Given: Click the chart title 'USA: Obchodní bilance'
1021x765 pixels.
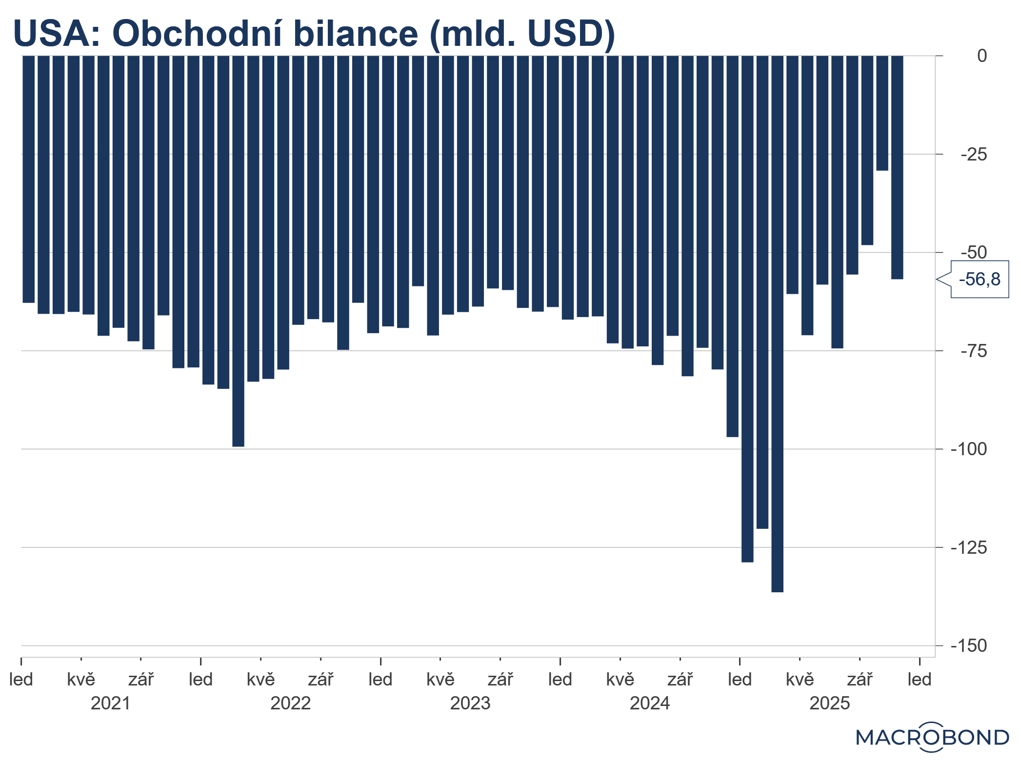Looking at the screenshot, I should pyautogui.click(x=314, y=34).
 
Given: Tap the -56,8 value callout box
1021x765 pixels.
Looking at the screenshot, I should pyautogui.click(x=979, y=280).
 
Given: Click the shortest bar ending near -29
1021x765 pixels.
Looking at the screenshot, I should pyautogui.click(x=882, y=113).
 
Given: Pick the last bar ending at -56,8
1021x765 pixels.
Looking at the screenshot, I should pyautogui.click(x=897, y=167).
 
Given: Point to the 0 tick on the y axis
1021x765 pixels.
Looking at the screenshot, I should pyautogui.click(x=981, y=56).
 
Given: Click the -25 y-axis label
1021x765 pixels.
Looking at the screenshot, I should pyautogui.click(x=974, y=155).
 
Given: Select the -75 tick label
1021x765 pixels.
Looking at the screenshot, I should pyautogui.click(x=974, y=351).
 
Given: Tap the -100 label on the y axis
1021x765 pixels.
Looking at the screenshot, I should pyautogui.click(x=969, y=449).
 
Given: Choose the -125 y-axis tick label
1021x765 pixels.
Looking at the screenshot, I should pyautogui.click(x=969, y=548).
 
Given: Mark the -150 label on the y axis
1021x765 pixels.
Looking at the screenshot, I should pyautogui.click(x=969, y=646).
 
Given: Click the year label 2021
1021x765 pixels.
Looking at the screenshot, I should pyautogui.click(x=111, y=704).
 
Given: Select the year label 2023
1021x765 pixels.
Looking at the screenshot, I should pyautogui.click(x=470, y=704).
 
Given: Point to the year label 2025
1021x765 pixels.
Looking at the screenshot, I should pyautogui.click(x=829, y=704).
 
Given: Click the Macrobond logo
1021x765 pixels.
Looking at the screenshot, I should pyautogui.click(x=932, y=737).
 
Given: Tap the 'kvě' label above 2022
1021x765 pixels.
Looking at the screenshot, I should pyautogui.click(x=260, y=680).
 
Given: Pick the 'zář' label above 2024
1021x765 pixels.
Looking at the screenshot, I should pyautogui.click(x=680, y=680).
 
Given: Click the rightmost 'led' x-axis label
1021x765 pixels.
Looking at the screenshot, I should pyautogui.click(x=920, y=680).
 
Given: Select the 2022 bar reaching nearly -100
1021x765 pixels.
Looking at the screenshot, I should pyautogui.click(x=238, y=251).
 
